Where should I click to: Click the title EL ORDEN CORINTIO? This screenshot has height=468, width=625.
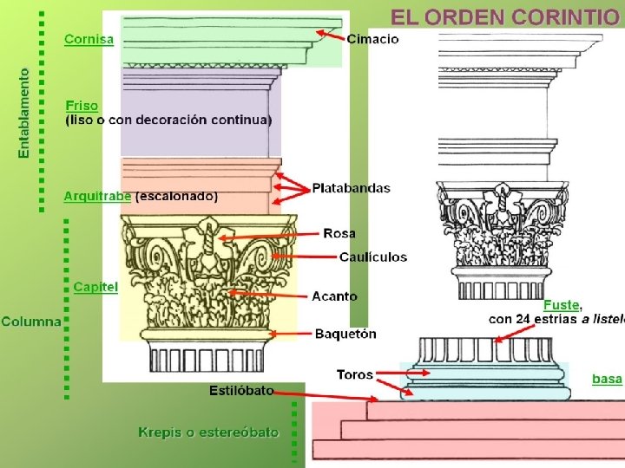[x=506, y=16]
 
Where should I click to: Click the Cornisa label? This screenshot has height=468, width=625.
[x=89, y=39]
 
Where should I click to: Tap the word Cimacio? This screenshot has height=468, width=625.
[x=372, y=39]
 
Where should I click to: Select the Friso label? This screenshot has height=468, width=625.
[x=82, y=106]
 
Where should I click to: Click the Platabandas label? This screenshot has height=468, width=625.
[x=351, y=188]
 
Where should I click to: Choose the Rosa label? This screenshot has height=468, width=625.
[x=339, y=233]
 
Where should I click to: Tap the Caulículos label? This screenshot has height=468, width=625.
[x=372, y=257]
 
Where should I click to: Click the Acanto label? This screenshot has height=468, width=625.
[x=334, y=296]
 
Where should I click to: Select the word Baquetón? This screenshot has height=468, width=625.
[x=345, y=333]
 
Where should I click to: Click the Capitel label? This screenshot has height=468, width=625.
[x=95, y=287]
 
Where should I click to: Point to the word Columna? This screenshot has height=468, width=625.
[x=31, y=322]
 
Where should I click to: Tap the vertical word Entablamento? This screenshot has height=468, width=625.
[x=23, y=114]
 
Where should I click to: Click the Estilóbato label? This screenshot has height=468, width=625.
[x=240, y=391]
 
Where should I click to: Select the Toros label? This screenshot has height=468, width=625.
[x=354, y=375]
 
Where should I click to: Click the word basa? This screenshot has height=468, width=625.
[x=607, y=379]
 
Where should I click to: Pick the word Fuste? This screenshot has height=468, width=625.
[x=562, y=305]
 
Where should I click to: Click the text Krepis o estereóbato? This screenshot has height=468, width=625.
[x=208, y=432]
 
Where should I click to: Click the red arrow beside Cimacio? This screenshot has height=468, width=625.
[x=329, y=35]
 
